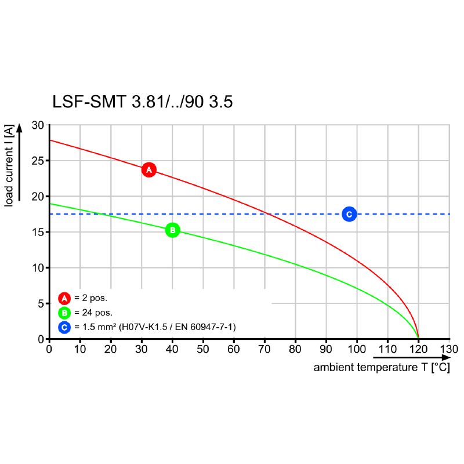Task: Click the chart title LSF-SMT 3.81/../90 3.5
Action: (x=142, y=102)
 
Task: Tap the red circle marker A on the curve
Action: (x=149, y=170)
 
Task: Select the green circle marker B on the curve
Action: (x=173, y=230)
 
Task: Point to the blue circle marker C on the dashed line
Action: (x=349, y=214)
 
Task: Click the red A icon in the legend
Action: (x=64, y=299)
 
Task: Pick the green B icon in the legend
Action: (x=64, y=313)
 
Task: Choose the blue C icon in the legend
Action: (x=64, y=328)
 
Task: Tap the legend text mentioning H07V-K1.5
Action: (x=155, y=328)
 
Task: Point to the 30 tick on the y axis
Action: (x=38, y=125)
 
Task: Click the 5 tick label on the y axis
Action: (x=41, y=303)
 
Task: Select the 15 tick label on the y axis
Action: (x=38, y=232)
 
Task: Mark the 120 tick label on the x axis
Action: (x=418, y=350)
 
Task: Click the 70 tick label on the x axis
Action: (x=264, y=350)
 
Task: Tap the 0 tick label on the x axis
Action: (x=49, y=350)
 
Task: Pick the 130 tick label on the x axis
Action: (x=449, y=350)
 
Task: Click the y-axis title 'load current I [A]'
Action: (x=9, y=165)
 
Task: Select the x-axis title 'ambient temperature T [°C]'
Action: (x=381, y=368)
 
